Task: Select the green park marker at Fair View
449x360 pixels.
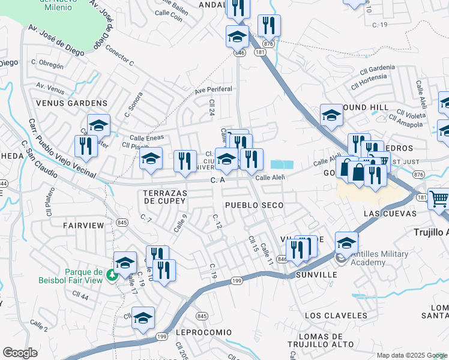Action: tap(110, 275)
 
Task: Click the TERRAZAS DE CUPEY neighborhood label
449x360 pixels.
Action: tap(164, 197)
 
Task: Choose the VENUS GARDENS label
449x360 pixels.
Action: tap(64, 103)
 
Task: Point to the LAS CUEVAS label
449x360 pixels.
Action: tap(390, 214)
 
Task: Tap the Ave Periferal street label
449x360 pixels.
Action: tap(212, 91)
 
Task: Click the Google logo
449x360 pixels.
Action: tap(20, 353)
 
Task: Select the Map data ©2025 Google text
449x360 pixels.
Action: tap(411, 355)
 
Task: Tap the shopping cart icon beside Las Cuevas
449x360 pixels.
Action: tap(439, 197)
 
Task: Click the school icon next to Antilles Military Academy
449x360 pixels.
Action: tap(346, 242)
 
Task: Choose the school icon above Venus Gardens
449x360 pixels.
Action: tap(98, 125)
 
